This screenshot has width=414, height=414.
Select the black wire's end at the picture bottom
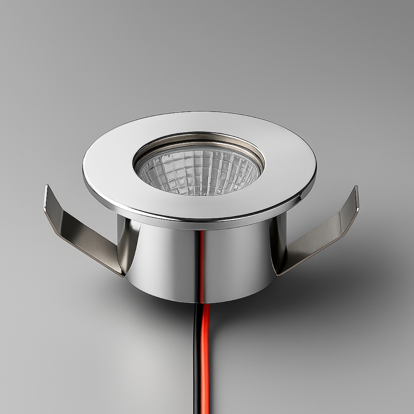click(x=198, y=411)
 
